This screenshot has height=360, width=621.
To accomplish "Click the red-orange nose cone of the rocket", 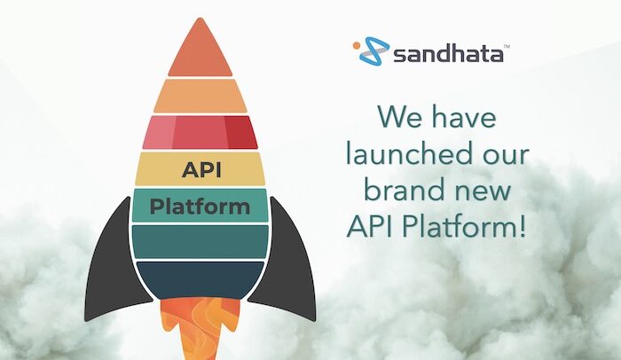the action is click(200, 50).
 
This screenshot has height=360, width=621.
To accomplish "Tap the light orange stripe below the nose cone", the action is click(200, 96).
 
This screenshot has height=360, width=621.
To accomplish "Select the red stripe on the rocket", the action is click(200, 132).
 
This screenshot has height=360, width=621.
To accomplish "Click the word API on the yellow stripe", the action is click(201, 170).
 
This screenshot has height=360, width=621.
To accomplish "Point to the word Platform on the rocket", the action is click(200, 207).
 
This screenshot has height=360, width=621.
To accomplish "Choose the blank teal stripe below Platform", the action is click(200, 241).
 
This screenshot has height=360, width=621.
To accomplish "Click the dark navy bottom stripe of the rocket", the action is click(200, 279).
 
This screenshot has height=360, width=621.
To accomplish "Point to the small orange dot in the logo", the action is click(357, 45).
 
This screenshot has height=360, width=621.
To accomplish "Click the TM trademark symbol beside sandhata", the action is click(507, 46).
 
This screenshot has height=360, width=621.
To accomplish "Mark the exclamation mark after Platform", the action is click(523, 226).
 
